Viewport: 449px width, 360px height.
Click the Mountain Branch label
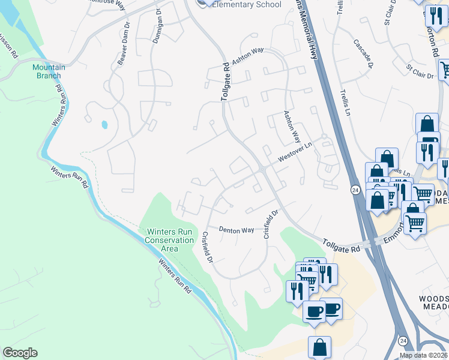(x=49, y=71)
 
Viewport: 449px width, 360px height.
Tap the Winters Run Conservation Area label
(x=170, y=240)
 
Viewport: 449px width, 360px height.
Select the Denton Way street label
(x=237, y=230)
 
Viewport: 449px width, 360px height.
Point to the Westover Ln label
(x=295, y=153)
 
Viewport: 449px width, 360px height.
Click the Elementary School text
(x=246, y=5)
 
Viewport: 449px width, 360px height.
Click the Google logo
(x=20, y=353)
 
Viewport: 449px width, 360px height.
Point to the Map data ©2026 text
(x=424, y=355)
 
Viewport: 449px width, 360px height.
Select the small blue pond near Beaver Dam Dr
(x=105, y=125)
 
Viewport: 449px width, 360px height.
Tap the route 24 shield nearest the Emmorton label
(x=355, y=190)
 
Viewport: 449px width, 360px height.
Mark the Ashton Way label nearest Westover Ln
(x=292, y=126)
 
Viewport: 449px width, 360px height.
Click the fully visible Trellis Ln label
(x=345, y=97)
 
